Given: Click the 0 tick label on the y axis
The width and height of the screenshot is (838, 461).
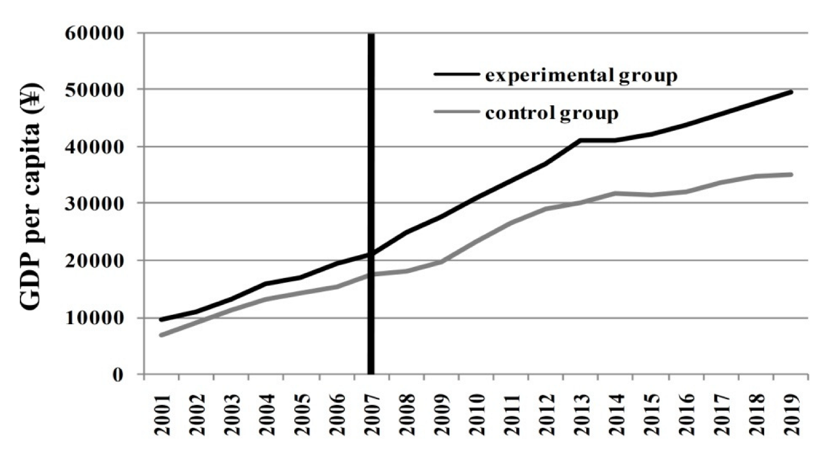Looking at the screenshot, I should pyautogui.click(x=118, y=375).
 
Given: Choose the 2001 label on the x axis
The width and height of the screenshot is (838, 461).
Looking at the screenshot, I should pyautogui.click(x=162, y=414).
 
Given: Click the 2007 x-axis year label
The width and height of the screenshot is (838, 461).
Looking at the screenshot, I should pyautogui.click(x=372, y=414).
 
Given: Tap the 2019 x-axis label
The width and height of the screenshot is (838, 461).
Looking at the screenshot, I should pyautogui.click(x=791, y=414).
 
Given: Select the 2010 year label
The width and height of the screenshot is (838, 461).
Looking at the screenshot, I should pyautogui.click(x=476, y=414).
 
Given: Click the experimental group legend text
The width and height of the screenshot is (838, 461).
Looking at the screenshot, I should pyautogui.click(x=581, y=75).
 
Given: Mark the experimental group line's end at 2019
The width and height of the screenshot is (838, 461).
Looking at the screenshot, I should pyautogui.click(x=791, y=92).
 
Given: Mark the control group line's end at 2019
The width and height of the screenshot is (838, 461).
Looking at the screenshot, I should pyautogui.click(x=791, y=174).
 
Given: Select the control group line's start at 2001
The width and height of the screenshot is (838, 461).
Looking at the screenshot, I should pyautogui.click(x=161, y=335).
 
